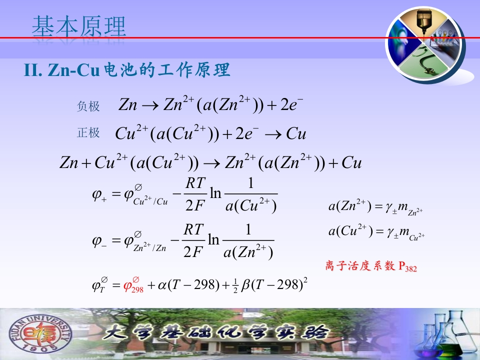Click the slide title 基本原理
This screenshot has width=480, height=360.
click(x=79, y=26)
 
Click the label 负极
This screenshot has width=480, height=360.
click(x=88, y=106)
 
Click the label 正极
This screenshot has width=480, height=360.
click(x=88, y=133)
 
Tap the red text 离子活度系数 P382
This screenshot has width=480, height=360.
click(x=371, y=266)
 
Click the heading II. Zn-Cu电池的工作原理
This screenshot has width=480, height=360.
click(x=127, y=70)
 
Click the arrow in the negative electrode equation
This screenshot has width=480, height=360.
click(x=150, y=106)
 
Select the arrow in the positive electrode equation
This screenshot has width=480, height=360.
click(x=273, y=134)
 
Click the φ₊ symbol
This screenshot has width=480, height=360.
click(x=99, y=194)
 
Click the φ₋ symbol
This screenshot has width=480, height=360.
click(x=99, y=241)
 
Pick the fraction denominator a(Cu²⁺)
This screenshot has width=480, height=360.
click(x=251, y=205)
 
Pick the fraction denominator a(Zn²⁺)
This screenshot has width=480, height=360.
click(x=248, y=252)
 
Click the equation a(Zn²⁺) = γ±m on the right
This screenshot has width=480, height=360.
click(x=375, y=207)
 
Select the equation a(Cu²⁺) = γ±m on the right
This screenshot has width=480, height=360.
click(x=376, y=231)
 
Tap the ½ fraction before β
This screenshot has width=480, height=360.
click(x=235, y=286)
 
